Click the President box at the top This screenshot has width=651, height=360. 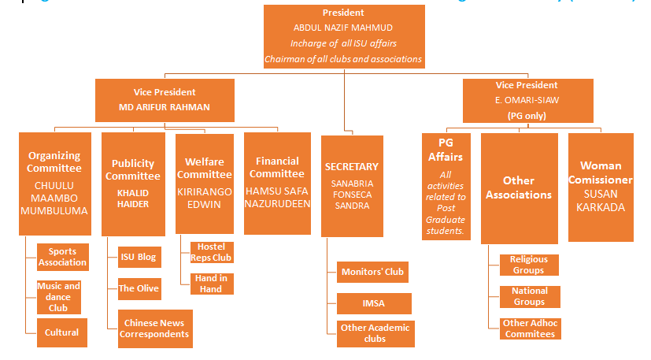[x=343, y=36]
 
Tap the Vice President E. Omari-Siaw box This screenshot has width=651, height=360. [x=527, y=99]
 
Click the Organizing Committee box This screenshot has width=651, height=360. [x=54, y=183]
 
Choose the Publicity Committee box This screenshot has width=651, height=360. [x=133, y=183]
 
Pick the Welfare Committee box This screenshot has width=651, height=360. [x=204, y=183]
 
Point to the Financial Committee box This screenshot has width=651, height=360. [x=278, y=183]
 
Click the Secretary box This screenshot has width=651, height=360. [x=352, y=186]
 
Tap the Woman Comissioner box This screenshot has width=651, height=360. [x=601, y=186]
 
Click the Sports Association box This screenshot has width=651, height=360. [x=62, y=257]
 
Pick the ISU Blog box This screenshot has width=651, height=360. [x=139, y=257]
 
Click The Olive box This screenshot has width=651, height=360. [x=139, y=288]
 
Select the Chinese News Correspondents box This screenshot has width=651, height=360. [x=154, y=328]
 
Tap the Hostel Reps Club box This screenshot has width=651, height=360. [x=212, y=252]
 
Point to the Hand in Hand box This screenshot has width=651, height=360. [x=212, y=284]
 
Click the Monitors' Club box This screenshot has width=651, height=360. [x=372, y=273]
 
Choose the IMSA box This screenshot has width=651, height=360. [x=372, y=302]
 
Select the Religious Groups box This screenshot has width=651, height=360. [x=529, y=265]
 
